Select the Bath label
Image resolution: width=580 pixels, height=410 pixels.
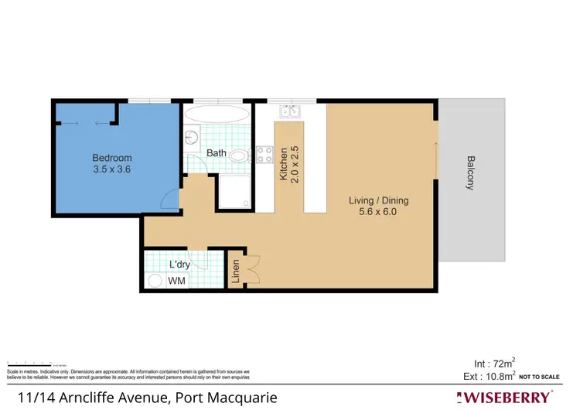click(x=217, y=153)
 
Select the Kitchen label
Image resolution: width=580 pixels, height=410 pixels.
click(x=284, y=164)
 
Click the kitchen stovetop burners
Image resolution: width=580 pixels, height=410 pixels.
click(x=266, y=154)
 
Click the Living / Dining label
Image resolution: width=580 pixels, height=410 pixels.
click(x=377, y=201)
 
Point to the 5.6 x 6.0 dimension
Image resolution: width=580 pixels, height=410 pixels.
click(x=377, y=212)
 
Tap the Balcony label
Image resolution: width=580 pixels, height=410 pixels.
click(x=471, y=173)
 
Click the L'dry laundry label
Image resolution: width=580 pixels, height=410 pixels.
click(x=180, y=266)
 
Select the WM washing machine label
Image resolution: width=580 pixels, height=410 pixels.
click(x=177, y=282)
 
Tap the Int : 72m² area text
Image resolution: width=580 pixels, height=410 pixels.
click(x=495, y=363)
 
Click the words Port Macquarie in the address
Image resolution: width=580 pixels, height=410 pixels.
click(x=225, y=398)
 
